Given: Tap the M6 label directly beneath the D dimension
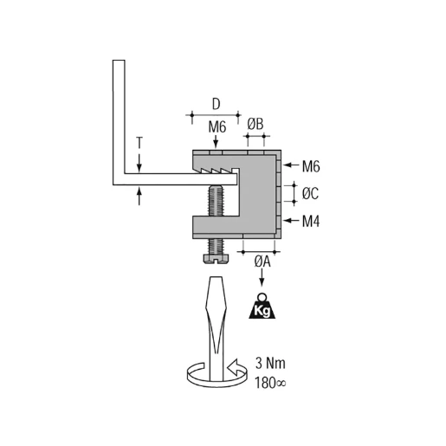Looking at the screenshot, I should tap(217, 126).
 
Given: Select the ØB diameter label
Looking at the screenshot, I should tap(255, 126).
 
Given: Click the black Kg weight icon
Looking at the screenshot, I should tap(262, 306).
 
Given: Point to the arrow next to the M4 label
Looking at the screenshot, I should tap(291, 221).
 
